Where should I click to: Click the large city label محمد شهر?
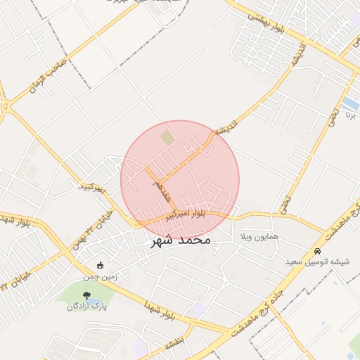(181, 240)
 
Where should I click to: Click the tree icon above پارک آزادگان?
(86, 295)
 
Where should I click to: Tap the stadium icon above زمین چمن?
(100, 265)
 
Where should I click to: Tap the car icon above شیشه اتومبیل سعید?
(318, 250)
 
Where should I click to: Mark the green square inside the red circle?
(167, 139)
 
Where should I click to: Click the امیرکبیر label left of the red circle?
(92, 188)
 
